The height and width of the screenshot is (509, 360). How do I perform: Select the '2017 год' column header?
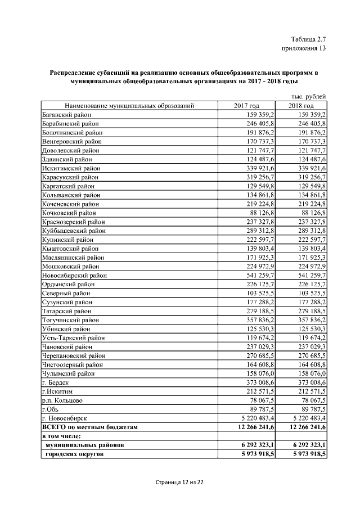[x=246, y=105]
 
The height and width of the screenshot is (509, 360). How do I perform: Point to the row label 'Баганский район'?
[x=66, y=114]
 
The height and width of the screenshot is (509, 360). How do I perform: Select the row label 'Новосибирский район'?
[x=74, y=276]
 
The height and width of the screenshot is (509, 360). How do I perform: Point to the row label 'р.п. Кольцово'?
[x=62, y=400]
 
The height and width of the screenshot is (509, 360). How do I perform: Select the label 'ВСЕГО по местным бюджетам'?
[x=90, y=427]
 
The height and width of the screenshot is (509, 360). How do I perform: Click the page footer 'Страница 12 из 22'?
[x=179, y=483]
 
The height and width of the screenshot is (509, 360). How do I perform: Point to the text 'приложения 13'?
[x=304, y=48]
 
